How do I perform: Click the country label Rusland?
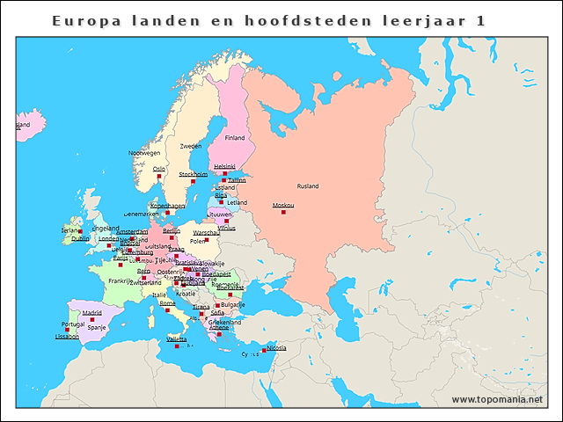(308, 186)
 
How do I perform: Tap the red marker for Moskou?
(283, 212)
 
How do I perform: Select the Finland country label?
(235, 138)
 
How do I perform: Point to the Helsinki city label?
(225, 166)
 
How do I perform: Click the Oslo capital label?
(159, 169)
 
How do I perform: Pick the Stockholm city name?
(194, 174)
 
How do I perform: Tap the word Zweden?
(191, 146)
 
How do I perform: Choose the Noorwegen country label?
(144, 153)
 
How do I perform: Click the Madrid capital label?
(92, 312)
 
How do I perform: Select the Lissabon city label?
(67, 336)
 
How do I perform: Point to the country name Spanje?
(97, 327)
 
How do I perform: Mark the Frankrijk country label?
(121, 281)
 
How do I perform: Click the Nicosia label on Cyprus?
(276, 347)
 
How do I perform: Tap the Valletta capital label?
(177, 339)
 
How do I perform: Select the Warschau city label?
(206, 233)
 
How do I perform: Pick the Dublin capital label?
(80, 238)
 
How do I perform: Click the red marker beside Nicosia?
(264, 351)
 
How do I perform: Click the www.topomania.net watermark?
(497, 400)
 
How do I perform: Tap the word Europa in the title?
(84, 20)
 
